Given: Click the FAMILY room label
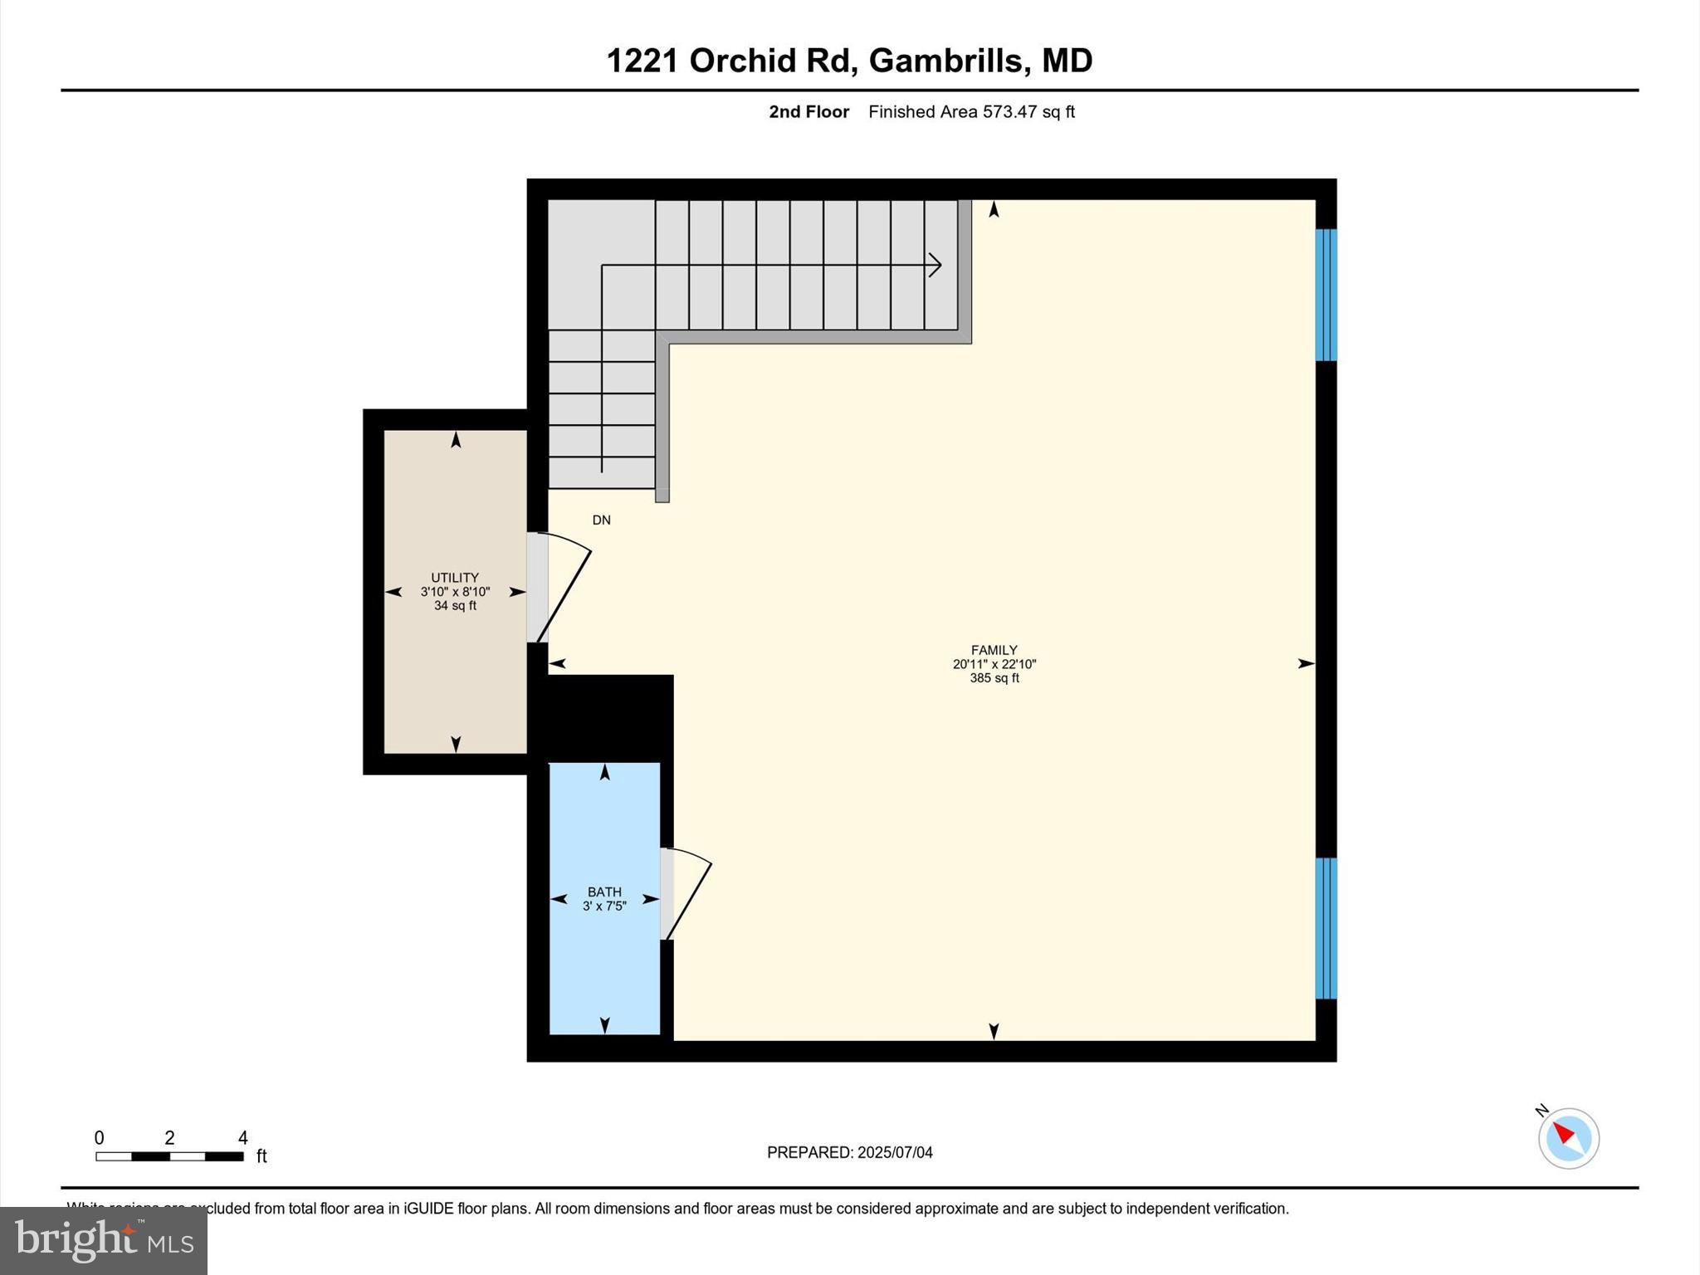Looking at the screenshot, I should click(994, 650).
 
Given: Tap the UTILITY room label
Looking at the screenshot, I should click(454, 578).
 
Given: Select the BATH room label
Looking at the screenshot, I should click(604, 892).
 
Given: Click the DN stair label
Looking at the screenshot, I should click(601, 520).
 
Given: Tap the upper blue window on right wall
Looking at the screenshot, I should click(1326, 295).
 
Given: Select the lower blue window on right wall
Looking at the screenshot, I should click(1326, 928).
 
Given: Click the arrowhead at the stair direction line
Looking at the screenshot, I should click(935, 265).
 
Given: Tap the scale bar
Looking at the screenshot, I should click(169, 1156).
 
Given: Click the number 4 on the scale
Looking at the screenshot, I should click(242, 1138).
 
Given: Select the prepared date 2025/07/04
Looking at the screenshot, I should click(895, 1152).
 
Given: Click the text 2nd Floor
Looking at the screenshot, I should click(808, 112).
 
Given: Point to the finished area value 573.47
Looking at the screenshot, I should click(1009, 112).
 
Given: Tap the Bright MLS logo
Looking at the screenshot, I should click(104, 1240).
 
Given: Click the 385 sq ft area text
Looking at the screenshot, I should click(994, 678).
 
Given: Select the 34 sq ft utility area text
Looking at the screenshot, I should click(454, 606).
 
